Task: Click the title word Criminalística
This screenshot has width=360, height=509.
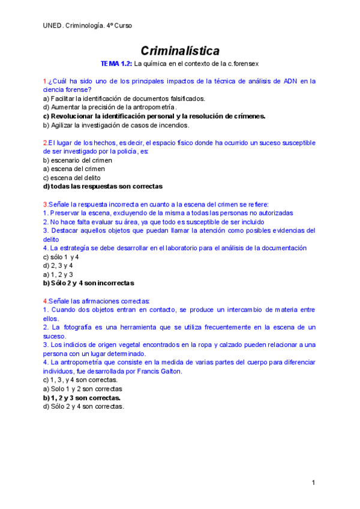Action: point(180,50)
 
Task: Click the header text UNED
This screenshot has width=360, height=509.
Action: point(53,25)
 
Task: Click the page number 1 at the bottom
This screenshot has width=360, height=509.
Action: point(314,483)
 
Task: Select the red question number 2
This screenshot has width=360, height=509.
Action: point(45,143)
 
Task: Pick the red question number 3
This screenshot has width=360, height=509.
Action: point(45,204)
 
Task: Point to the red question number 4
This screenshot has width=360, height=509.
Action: point(45,301)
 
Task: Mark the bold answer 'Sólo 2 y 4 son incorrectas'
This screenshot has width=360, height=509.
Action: point(92,283)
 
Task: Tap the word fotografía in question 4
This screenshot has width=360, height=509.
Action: point(82,327)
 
